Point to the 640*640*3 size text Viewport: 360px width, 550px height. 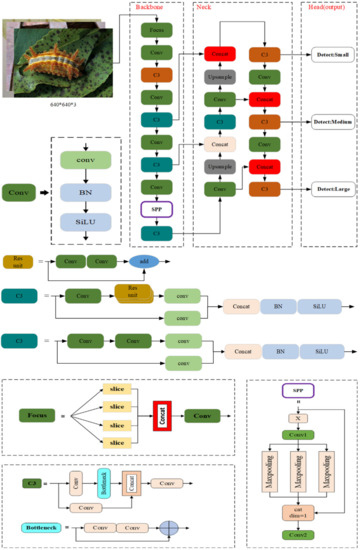(x=62, y=102)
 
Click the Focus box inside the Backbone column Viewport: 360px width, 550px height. (x=156, y=32)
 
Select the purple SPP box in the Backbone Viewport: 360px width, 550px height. (x=156, y=209)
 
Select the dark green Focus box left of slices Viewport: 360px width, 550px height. (x=38, y=414)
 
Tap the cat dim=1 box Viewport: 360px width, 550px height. (x=298, y=514)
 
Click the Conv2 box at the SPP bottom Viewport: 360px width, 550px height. (x=298, y=535)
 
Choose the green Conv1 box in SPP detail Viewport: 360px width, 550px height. (x=298, y=434)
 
